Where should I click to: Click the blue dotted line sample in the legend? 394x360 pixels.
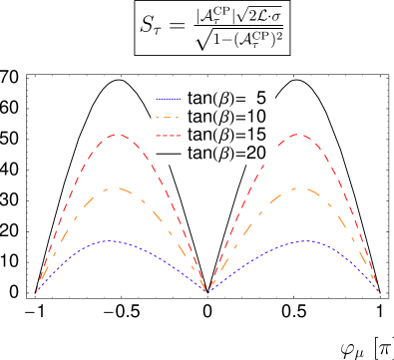coord(169,99)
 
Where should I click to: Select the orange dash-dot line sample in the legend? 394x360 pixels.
coord(169,117)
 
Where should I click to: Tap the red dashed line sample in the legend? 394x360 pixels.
coord(169,135)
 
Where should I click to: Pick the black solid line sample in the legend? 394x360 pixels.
coord(169,153)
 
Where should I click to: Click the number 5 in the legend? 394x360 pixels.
coord(261,99)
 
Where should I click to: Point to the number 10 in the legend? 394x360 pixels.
coord(257,117)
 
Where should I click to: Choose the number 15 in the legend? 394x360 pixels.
coord(257,135)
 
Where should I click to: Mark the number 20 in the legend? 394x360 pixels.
coord(257,153)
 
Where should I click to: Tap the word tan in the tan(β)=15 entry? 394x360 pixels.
coord(201,135)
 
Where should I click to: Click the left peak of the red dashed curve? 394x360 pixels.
coord(120,134)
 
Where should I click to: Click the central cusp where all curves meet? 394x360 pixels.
coord(206,292)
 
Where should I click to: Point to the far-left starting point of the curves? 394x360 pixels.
coord(36,292)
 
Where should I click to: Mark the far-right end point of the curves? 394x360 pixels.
coord(380,292)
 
